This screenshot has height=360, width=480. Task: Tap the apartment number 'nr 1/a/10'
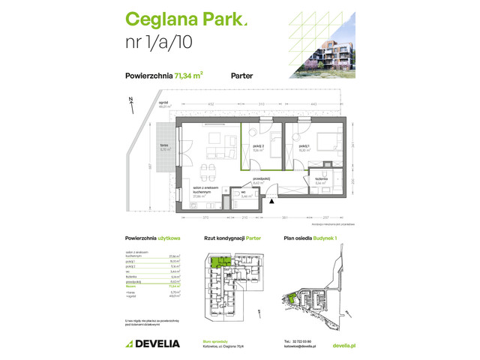coord(159,43)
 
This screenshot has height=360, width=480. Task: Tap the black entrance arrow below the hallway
coord(271,199)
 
